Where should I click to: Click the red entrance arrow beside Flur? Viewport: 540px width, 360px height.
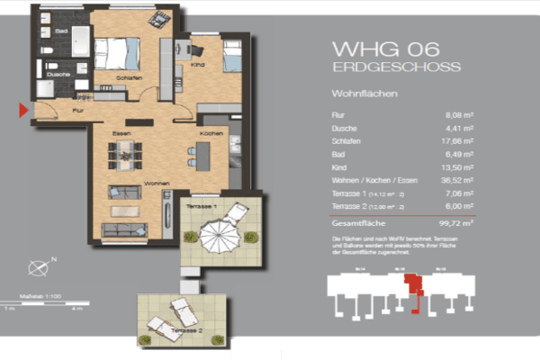(24, 111)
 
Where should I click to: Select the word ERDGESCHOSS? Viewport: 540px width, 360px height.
(396, 67)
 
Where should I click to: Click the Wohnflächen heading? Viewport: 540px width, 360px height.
(364, 93)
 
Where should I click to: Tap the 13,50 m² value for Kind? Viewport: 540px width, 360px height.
(459, 167)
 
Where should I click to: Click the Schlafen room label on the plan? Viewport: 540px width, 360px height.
(128, 77)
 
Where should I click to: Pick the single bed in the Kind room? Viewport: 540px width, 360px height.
(231, 56)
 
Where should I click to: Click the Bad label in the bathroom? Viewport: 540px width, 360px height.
(61, 31)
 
